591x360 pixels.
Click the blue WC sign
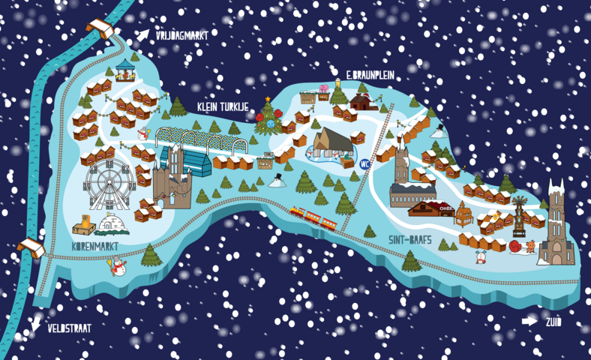366,164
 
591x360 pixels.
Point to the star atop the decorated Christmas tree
267,98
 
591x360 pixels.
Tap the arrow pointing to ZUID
530,320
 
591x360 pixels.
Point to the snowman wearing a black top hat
276,180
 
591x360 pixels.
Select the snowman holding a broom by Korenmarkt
117,266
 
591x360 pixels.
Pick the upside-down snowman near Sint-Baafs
481,257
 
